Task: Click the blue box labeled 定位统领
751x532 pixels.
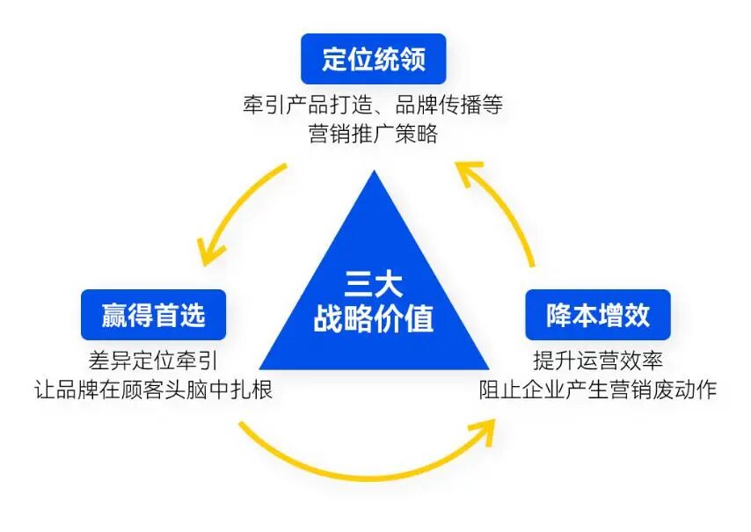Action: (x=374, y=60)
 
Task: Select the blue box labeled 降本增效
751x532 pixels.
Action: (x=598, y=315)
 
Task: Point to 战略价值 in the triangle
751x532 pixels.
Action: (x=374, y=319)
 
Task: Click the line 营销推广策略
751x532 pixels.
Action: (x=374, y=135)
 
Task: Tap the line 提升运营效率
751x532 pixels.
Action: (x=598, y=361)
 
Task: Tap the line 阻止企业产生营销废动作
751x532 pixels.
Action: (x=598, y=389)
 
